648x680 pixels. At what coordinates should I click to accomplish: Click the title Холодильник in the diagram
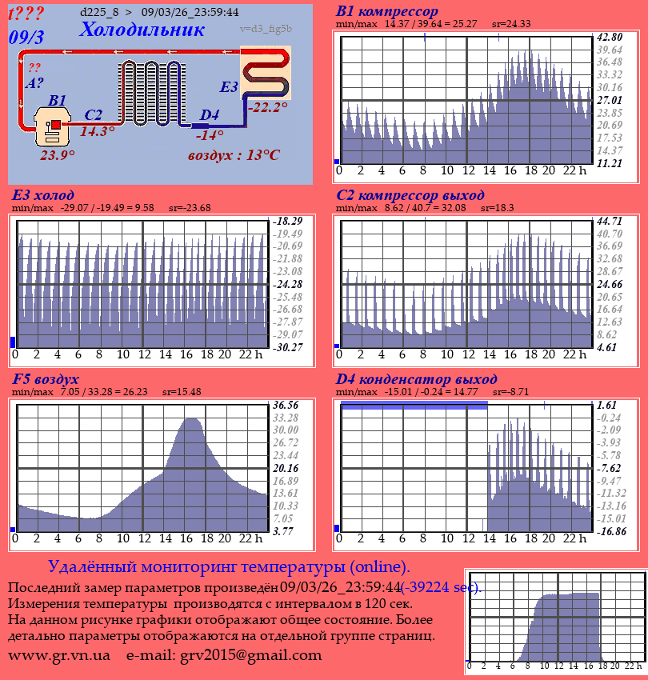coord(142,30)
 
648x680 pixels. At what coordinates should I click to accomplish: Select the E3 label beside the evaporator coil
coord(229,87)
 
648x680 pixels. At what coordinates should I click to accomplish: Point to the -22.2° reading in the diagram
coord(267,107)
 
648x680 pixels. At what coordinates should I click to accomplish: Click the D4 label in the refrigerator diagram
coord(209,115)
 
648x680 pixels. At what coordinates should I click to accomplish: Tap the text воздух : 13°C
coord(234,155)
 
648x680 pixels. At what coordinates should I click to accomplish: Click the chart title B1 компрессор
coord(387,12)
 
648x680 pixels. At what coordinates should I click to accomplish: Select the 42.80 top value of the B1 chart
coord(610,38)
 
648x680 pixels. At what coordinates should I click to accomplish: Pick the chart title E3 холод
coord(43,195)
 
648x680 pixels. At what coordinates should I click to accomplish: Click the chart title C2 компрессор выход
coord(410,195)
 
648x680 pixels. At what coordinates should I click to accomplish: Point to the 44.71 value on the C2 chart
coord(610,221)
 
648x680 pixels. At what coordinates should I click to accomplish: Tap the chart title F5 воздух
coord(46,378)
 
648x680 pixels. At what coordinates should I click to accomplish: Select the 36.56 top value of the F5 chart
coord(286,405)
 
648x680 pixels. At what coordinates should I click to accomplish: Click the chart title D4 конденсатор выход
coord(416,378)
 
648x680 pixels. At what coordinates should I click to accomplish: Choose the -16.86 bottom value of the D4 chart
coord(611,530)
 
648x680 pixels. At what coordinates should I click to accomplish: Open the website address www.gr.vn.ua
coord(59,655)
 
